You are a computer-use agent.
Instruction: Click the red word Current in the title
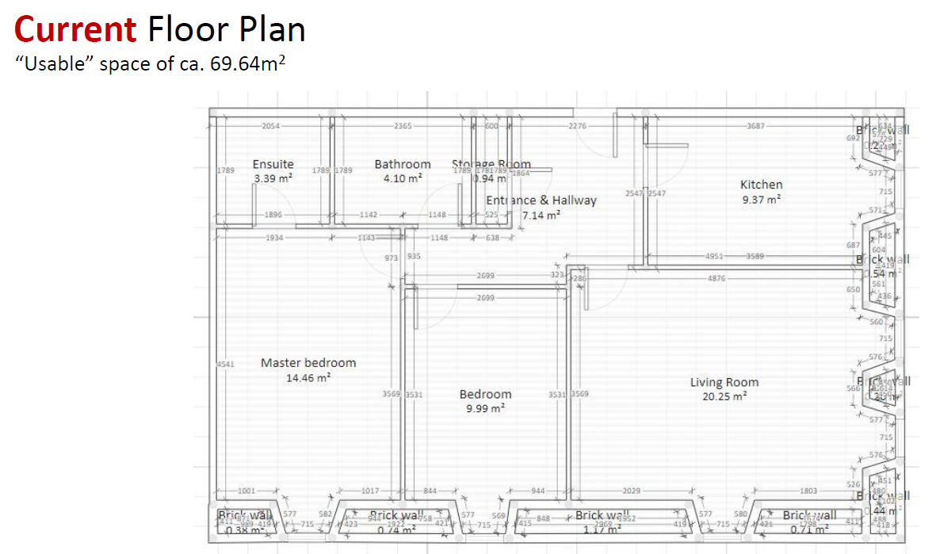coord(75,29)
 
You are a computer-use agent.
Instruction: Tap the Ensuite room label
coord(273,164)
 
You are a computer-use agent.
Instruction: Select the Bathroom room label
coord(403,164)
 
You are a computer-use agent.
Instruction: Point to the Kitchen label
coord(761,185)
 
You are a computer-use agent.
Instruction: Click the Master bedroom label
coord(308,363)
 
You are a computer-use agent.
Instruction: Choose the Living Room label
coord(724,383)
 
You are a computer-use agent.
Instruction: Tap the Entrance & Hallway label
coord(541,201)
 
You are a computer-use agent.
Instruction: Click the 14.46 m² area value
coord(308,378)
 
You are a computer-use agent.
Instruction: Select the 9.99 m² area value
coord(485,408)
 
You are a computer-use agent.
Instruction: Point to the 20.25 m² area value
coord(724,396)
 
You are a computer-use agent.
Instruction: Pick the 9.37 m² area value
coord(761,200)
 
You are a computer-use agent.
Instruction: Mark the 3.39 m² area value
coord(273,178)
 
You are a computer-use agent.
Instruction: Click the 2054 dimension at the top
coord(272,126)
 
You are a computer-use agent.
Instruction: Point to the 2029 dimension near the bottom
coord(632,491)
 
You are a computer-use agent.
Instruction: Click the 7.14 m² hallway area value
coord(541,215)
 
